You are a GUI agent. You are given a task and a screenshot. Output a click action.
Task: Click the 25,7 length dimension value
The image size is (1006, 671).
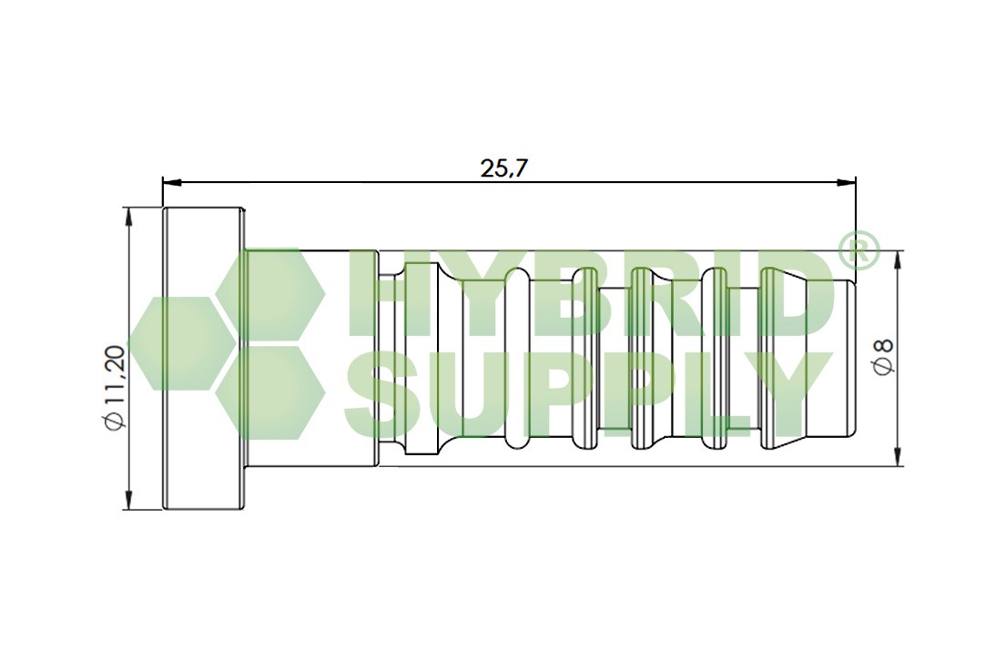tap(503, 168)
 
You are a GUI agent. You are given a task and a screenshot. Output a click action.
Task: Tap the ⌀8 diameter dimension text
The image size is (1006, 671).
tap(883, 357)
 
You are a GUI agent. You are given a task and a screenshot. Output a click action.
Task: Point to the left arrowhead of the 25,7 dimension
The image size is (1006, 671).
tap(172, 182)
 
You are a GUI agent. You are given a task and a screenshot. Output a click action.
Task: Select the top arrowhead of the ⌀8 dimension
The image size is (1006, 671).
tap(899, 259)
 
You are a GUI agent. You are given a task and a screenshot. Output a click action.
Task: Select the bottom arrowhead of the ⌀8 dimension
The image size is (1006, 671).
tap(899, 457)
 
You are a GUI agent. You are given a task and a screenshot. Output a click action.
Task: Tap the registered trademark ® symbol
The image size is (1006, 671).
tap(856, 250)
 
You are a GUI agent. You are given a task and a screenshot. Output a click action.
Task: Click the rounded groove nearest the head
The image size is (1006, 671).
tap(516, 358)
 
